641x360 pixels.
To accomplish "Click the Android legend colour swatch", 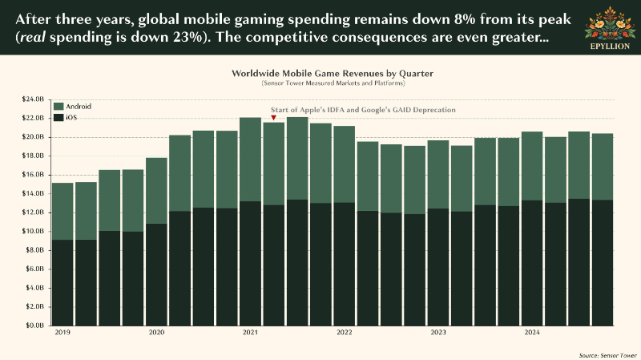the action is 58,107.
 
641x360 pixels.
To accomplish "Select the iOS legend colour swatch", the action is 58,118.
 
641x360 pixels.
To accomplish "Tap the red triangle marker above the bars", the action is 273,118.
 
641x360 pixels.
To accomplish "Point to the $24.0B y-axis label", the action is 33,99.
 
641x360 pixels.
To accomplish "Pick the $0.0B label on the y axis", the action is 34,326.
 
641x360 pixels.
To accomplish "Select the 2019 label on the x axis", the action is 62,332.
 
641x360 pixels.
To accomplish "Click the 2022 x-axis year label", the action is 345,332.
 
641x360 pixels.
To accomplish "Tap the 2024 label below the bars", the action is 532,332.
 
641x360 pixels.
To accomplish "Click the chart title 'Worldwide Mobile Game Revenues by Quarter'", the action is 333,74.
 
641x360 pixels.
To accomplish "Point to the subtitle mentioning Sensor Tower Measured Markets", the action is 333,83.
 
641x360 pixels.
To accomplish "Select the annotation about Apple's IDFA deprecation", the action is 363,110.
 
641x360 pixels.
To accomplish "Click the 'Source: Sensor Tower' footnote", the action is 608,355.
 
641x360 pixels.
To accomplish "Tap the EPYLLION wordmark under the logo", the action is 610,47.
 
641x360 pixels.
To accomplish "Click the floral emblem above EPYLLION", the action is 610,23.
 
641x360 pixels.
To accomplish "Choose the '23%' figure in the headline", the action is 187,37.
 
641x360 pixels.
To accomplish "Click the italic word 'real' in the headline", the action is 32,37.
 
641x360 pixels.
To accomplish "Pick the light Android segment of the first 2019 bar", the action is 62,211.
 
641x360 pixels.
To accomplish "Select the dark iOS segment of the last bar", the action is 603,263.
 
